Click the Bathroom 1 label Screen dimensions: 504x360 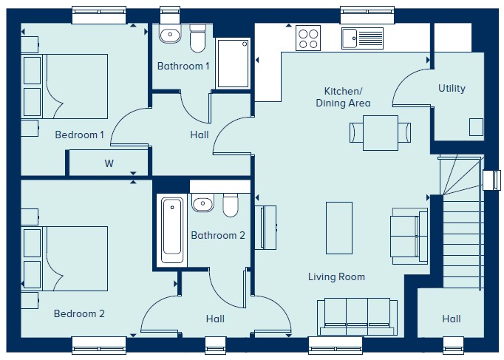click(183, 67)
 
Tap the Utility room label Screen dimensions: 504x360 click(452, 89)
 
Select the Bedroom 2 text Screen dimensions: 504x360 click(79, 313)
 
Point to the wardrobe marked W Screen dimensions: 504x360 click(109, 163)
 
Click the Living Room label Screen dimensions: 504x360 click(336, 276)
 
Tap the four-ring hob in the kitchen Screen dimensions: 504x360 click(308, 38)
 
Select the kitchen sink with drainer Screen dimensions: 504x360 click(362, 38)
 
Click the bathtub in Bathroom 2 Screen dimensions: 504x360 click(172, 230)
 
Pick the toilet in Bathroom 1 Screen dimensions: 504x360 click(197, 38)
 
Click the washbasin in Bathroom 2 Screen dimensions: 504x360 click(202, 203)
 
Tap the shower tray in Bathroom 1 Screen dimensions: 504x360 click(234, 64)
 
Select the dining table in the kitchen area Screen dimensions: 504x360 click(381, 133)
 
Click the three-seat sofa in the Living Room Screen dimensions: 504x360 click(358, 317)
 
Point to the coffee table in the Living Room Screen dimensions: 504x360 click(339, 228)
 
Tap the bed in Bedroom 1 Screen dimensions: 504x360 click(64, 86)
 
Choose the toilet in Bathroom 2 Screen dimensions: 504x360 click(231, 205)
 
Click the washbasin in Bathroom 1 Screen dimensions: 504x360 click(170, 34)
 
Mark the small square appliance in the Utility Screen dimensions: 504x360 click(476, 127)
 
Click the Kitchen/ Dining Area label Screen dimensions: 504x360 click(344, 97)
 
